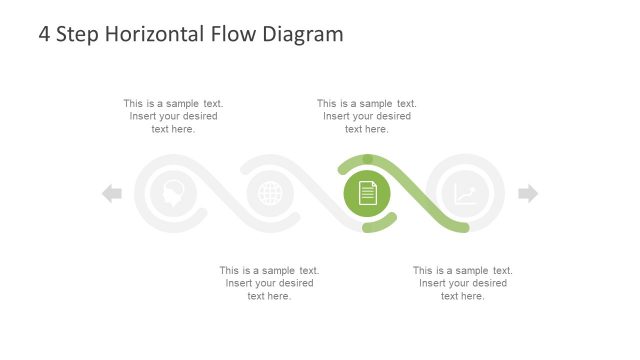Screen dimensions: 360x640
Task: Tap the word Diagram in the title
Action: tap(303, 34)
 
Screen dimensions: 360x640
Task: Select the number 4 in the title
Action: tap(45, 34)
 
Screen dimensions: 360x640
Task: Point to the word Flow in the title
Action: tap(234, 34)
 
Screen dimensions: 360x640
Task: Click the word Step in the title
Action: tap(80, 34)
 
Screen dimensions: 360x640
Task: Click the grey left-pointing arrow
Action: tap(112, 194)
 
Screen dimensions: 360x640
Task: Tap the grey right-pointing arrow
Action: tap(528, 194)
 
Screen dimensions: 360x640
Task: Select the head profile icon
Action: tap(173, 194)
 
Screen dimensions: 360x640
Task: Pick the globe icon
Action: tap(270, 194)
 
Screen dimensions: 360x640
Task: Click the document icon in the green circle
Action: tap(367, 194)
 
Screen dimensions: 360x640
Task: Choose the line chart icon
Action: tap(465, 194)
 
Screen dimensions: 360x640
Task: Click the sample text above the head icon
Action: tap(173, 116)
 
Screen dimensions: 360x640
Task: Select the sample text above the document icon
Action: tap(367, 116)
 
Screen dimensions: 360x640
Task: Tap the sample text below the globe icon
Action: tap(269, 283)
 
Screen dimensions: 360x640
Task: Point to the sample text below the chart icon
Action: tap(463, 283)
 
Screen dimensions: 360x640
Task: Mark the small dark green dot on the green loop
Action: tap(368, 159)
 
